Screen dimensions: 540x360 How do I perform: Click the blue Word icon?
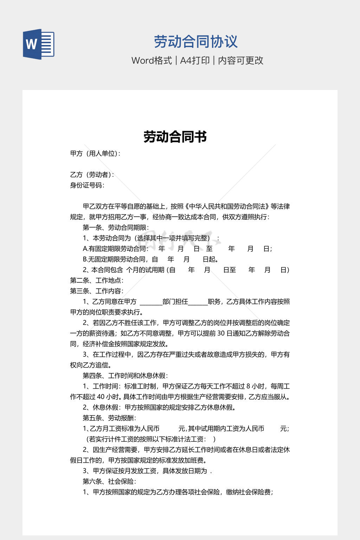click(38, 44)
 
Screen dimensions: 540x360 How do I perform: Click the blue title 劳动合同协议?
click(196, 42)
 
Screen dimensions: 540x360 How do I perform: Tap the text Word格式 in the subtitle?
click(152, 60)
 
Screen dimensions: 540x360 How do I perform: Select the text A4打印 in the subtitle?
click(195, 60)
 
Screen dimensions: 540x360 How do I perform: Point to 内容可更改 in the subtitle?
click(240, 60)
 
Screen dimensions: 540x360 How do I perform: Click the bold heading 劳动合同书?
click(175, 137)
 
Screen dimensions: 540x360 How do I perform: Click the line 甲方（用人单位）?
click(95, 154)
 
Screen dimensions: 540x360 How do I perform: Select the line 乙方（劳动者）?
click(92, 175)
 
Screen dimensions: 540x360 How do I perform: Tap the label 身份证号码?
click(87, 185)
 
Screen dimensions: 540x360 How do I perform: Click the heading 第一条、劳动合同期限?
click(116, 227)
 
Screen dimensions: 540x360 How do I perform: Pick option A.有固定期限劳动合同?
click(115, 249)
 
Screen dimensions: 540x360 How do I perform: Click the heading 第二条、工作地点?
click(96, 281)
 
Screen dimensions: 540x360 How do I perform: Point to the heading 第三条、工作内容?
click(96, 291)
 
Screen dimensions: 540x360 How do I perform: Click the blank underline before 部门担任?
click(151, 303)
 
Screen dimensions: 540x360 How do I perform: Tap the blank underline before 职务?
click(198, 303)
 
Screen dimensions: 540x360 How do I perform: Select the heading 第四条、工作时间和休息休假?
click(125, 376)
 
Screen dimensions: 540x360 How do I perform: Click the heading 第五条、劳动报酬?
click(109, 418)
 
